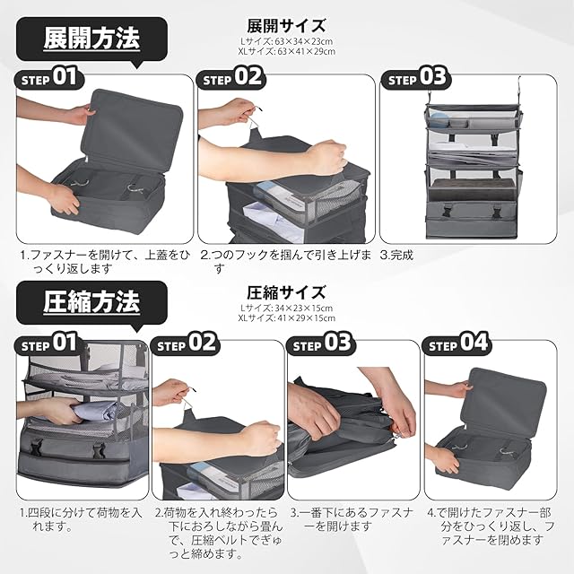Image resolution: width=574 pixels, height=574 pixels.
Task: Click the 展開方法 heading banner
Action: [x=91, y=39]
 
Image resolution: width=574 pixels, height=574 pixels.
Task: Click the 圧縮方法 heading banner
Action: [x=91, y=303]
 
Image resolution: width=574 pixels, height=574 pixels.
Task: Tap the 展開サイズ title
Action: [x=286, y=26]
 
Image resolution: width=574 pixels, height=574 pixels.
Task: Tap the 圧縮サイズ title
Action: [x=286, y=292]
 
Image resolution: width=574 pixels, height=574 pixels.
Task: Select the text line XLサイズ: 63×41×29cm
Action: [x=286, y=51]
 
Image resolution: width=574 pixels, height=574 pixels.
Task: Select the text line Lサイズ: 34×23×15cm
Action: [x=286, y=308]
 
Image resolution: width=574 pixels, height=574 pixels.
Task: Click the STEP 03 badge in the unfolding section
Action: [x=415, y=78]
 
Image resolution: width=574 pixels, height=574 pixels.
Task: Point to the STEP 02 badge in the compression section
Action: [x=186, y=344]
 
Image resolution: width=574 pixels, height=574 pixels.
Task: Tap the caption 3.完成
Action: [x=396, y=255]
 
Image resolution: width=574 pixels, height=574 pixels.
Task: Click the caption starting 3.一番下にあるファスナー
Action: [x=352, y=519]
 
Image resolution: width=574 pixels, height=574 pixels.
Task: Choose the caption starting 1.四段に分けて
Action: [x=81, y=519]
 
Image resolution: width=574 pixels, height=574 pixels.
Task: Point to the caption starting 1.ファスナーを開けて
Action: [x=105, y=261]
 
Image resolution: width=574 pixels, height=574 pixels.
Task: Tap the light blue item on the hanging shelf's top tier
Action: [x=439, y=121]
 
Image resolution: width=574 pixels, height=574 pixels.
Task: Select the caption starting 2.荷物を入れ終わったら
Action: [x=219, y=533]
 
